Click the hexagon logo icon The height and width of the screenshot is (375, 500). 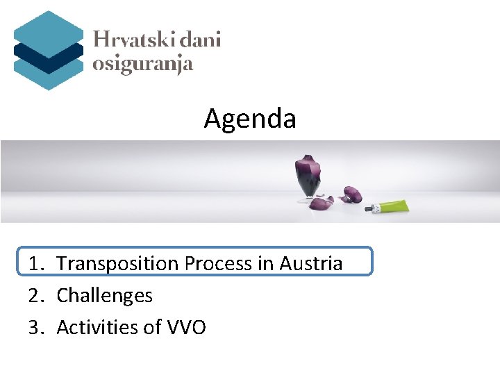48,50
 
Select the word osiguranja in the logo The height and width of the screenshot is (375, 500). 142,65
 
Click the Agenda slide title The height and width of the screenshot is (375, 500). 250,119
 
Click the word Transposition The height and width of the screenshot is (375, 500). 117,264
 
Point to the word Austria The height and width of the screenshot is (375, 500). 310,264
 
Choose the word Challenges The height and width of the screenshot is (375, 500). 104,296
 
